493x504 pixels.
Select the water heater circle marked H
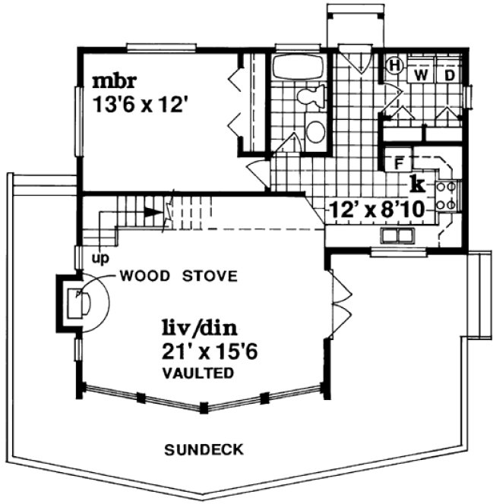(x=394, y=66)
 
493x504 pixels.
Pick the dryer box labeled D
(x=449, y=74)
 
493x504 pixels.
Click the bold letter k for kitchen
(x=416, y=182)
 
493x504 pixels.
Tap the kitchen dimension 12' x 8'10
(x=377, y=208)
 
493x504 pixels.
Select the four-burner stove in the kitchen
(x=447, y=194)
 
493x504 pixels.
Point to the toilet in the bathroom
(x=311, y=97)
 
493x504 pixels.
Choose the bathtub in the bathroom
(x=298, y=68)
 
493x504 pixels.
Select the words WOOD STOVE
(x=179, y=275)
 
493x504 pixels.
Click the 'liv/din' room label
(x=198, y=329)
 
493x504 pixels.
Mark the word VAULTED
(x=197, y=373)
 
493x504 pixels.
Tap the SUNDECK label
(x=204, y=450)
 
